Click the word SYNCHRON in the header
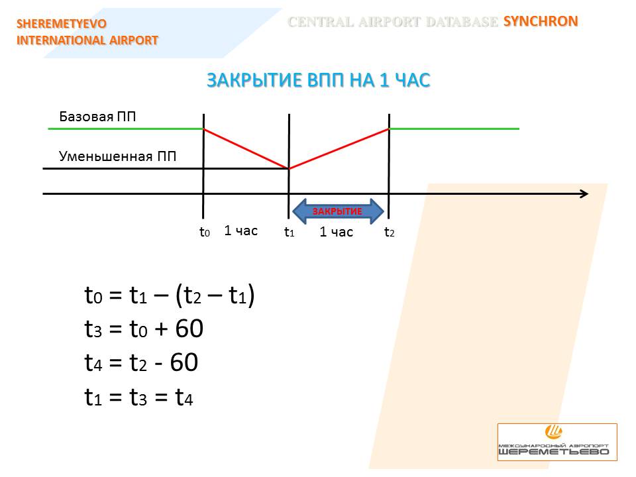click(x=541, y=21)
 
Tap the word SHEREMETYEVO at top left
click(x=62, y=24)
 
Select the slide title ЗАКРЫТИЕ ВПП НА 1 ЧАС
click(x=319, y=80)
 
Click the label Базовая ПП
click(x=97, y=117)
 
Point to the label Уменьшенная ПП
click(x=118, y=156)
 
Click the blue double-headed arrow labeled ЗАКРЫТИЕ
click(x=338, y=211)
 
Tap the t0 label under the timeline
click(x=205, y=232)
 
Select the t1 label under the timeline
click(x=290, y=232)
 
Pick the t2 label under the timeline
click(x=390, y=232)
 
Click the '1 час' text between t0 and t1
click(x=241, y=231)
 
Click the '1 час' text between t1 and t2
click(x=337, y=232)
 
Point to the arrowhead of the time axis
click(x=588, y=194)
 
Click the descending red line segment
click(x=246, y=148)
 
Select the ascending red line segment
click(x=339, y=148)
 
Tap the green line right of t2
click(x=454, y=129)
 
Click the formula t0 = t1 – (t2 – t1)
click(x=170, y=295)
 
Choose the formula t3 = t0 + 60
click(x=144, y=329)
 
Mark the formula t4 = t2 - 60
click(x=141, y=362)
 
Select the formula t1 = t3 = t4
click(x=138, y=397)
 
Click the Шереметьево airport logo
click(x=557, y=442)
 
